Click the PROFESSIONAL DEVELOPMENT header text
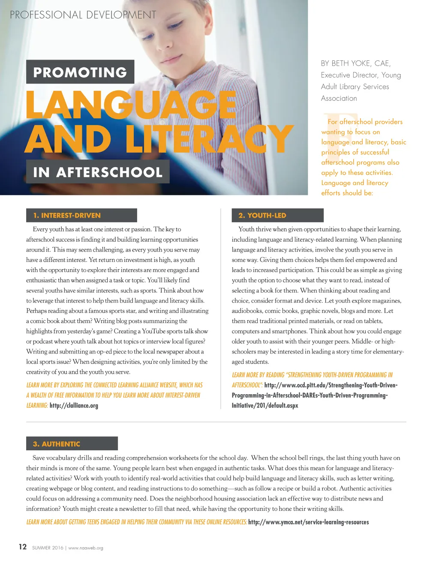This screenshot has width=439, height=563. [83, 15]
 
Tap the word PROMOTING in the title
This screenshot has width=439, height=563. [80, 72]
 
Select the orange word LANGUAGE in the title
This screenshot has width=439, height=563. [131, 105]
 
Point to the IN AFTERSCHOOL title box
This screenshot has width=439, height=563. [98, 172]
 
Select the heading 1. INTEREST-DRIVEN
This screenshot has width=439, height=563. [67, 216]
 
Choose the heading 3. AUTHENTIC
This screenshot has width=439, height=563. [57, 444]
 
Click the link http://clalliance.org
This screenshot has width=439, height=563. [74, 405]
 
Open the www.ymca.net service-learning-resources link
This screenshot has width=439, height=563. [308, 522]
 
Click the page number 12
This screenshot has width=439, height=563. [23, 547]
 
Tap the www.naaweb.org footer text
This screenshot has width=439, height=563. [86, 548]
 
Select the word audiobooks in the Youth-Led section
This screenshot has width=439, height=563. [247, 311]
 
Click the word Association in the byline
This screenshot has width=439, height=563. [339, 98]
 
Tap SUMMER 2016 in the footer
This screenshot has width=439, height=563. [48, 548]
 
